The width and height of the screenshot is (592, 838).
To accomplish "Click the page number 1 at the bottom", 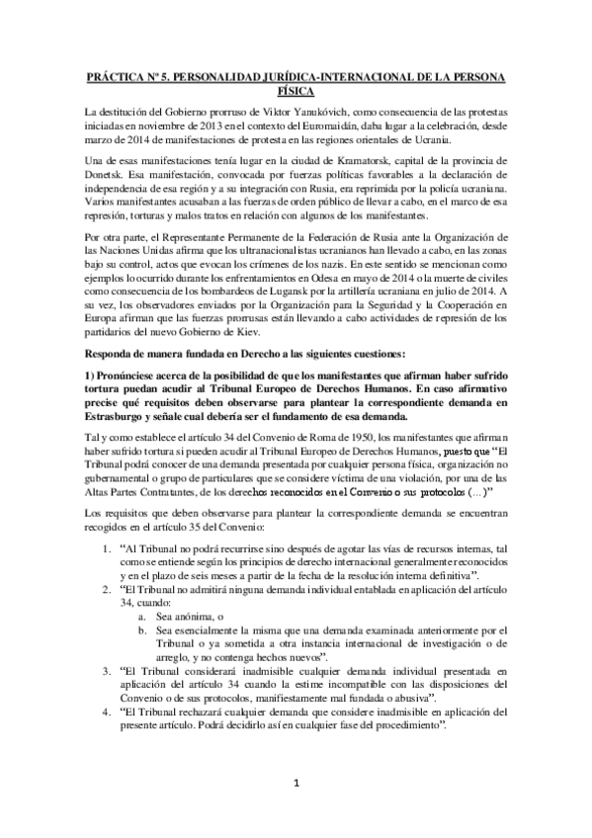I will pyautogui.click(x=296, y=785).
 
